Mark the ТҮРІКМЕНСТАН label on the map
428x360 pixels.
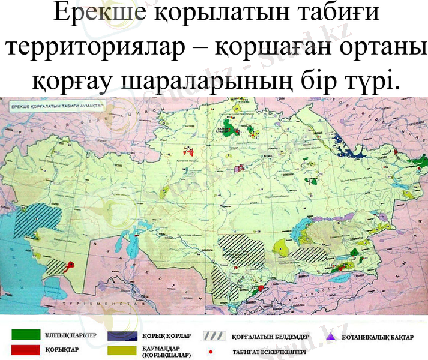108,304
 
